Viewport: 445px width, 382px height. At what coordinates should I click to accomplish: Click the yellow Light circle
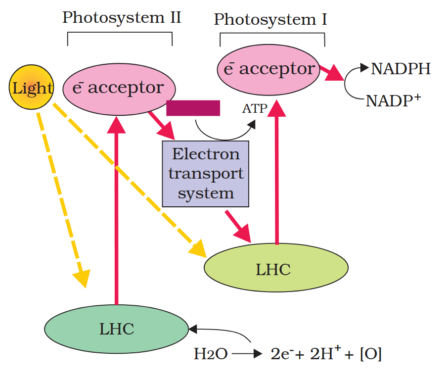(31, 89)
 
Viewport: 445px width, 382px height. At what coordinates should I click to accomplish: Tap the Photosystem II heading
(121, 18)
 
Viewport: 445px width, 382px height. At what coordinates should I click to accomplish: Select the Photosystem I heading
(270, 20)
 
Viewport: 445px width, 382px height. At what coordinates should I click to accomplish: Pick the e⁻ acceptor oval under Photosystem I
(269, 69)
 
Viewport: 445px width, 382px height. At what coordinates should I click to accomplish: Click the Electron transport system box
(205, 173)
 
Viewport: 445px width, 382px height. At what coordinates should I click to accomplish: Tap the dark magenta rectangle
(193, 108)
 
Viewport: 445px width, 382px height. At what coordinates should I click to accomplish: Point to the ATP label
(254, 108)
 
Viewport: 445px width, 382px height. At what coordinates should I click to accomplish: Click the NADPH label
(400, 68)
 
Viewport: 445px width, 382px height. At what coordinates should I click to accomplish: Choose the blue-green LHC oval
(117, 329)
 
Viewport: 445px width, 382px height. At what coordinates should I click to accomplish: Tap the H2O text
(210, 354)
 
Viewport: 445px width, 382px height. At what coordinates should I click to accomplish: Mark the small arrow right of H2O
(246, 354)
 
